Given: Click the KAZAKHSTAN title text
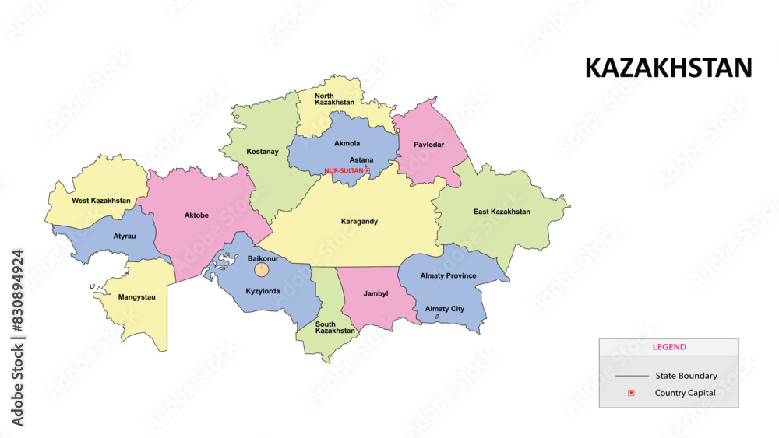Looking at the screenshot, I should (x=668, y=68).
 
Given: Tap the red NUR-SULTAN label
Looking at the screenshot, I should (x=344, y=170).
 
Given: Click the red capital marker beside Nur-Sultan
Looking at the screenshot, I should (x=368, y=170).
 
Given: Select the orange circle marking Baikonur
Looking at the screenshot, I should (x=263, y=270).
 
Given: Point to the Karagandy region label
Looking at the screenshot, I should (x=359, y=222).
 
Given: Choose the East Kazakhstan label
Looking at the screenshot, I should (x=502, y=212).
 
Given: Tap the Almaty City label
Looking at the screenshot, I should (x=444, y=309).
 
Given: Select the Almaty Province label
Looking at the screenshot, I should (x=448, y=276).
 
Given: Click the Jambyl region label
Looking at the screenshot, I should (x=376, y=294).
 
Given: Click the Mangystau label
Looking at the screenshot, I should (x=136, y=297).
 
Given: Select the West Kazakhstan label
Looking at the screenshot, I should (x=100, y=201).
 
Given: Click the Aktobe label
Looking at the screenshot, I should (x=196, y=215).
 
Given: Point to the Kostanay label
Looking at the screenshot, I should (x=262, y=152).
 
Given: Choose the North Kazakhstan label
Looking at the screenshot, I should (x=334, y=99).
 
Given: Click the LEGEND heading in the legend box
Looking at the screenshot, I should (x=668, y=347).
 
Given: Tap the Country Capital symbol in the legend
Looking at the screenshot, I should (x=631, y=393).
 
